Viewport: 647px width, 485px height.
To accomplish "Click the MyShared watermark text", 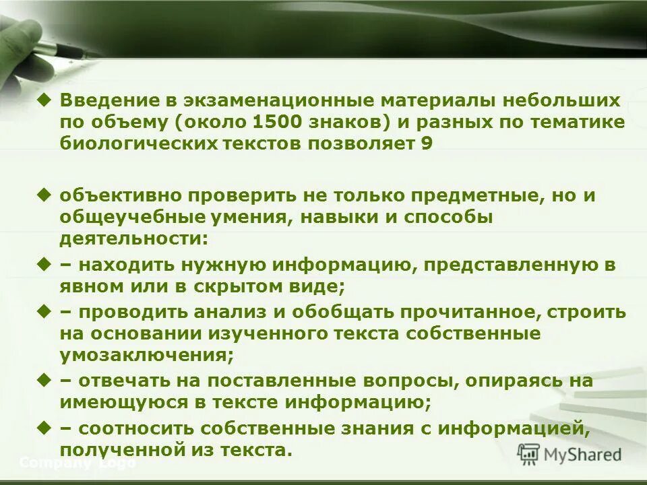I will click(x=582, y=455).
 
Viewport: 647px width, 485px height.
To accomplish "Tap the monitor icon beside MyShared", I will click(x=529, y=455).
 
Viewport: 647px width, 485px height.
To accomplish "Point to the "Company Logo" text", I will click(x=78, y=463).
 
